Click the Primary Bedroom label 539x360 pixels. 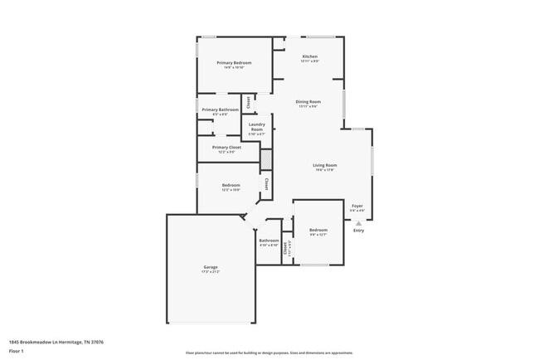tap(234, 63)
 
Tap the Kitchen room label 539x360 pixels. tap(309, 56)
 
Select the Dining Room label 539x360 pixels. tap(308, 102)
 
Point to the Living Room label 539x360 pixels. tap(324, 165)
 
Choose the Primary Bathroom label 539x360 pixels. tap(220, 109)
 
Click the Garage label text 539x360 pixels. tap(211, 267)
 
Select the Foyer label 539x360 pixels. tap(357, 206)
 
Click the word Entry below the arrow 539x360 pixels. tap(358, 230)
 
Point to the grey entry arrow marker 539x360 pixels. tap(358, 222)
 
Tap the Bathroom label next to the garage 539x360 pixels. tap(269, 241)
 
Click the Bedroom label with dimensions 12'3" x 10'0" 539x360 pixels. tap(231, 185)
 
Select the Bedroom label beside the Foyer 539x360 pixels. tap(318, 230)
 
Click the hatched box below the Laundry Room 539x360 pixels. tap(266, 159)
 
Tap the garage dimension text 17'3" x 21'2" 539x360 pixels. tap(211, 271)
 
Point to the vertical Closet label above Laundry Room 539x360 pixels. tap(247, 102)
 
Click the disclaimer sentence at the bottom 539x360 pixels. tap(269, 352)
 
